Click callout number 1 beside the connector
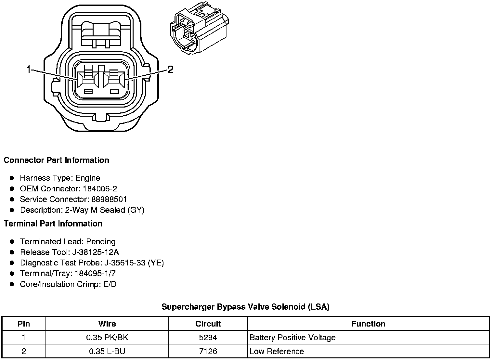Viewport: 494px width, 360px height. click(x=29, y=70)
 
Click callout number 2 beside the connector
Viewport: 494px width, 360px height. click(x=171, y=70)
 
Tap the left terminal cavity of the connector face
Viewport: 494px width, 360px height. click(x=88, y=80)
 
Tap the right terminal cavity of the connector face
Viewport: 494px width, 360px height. click(x=114, y=80)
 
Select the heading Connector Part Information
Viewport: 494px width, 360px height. click(x=57, y=160)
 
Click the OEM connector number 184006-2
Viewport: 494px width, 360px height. click(x=100, y=189)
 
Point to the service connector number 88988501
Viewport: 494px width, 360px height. click(x=109, y=199)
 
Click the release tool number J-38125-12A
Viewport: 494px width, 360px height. click(x=96, y=252)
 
